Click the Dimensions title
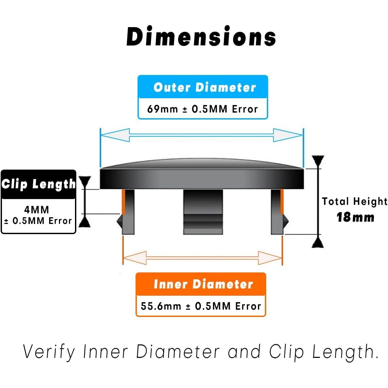(x=201, y=36)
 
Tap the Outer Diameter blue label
(x=204, y=87)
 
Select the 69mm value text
(x=162, y=109)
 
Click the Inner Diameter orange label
(x=203, y=284)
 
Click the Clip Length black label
(x=38, y=184)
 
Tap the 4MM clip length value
(x=37, y=210)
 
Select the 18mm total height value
(x=356, y=217)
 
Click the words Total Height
(x=355, y=201)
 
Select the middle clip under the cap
(x=203, y=212)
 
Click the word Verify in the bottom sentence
(x=49, y=352)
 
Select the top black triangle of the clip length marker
(x=85, y=181)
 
